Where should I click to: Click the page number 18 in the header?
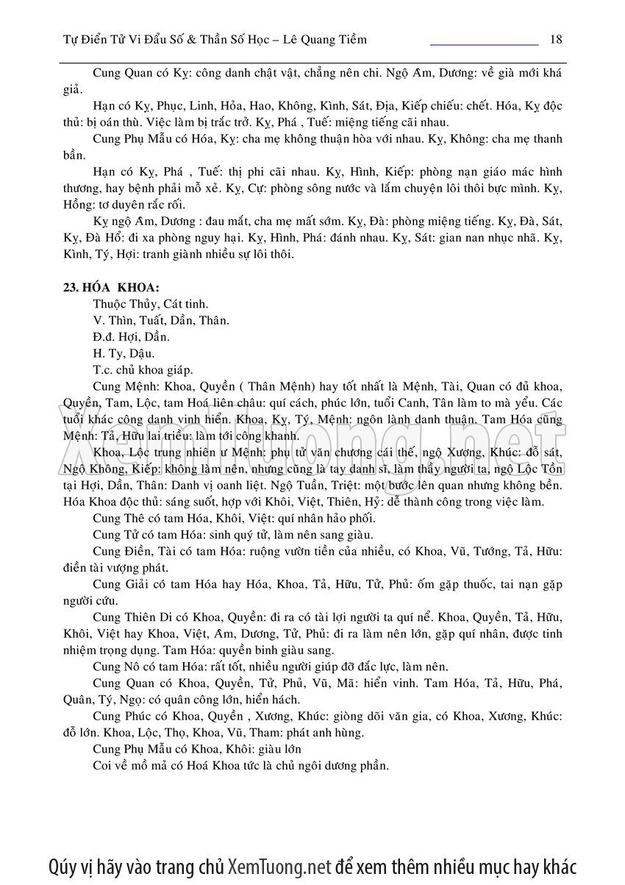(556, 39)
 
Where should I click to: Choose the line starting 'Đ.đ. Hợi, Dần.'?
(132, 336)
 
